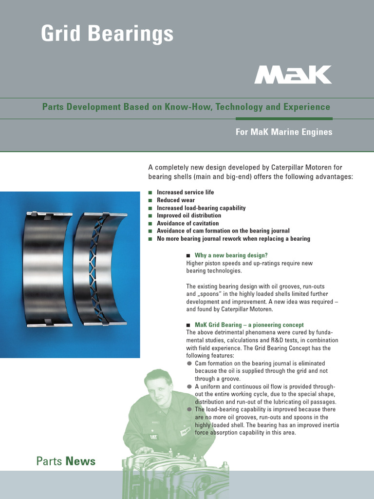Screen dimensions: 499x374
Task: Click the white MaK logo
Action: pyautogui.click(x=293, y=75)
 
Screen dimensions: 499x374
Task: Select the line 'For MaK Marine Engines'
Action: pyautogui.click(x=284, y=132)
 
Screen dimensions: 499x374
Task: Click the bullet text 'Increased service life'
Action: pyautogui.click(x=185, y=192)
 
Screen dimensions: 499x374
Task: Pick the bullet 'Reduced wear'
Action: pyautogui.click(x=175, y=200)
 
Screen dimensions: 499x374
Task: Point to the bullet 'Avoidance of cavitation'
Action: pyautogui.click(x=187, y=223)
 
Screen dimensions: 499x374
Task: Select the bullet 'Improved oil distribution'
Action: pyautogui.click(x=188, y=215)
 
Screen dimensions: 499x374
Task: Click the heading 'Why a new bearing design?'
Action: pyautogui.click(x=231, y=255)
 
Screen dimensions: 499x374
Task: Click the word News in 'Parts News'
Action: pyautogui.click(x=80, y=461)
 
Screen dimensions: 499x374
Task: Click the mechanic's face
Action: pyautogui.click(x=158, y=387)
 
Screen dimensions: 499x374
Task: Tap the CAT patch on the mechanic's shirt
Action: pyautogui.click(x=153, y=436)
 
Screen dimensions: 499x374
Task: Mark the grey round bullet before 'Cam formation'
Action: pyautogui.click(x=189, y=364)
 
